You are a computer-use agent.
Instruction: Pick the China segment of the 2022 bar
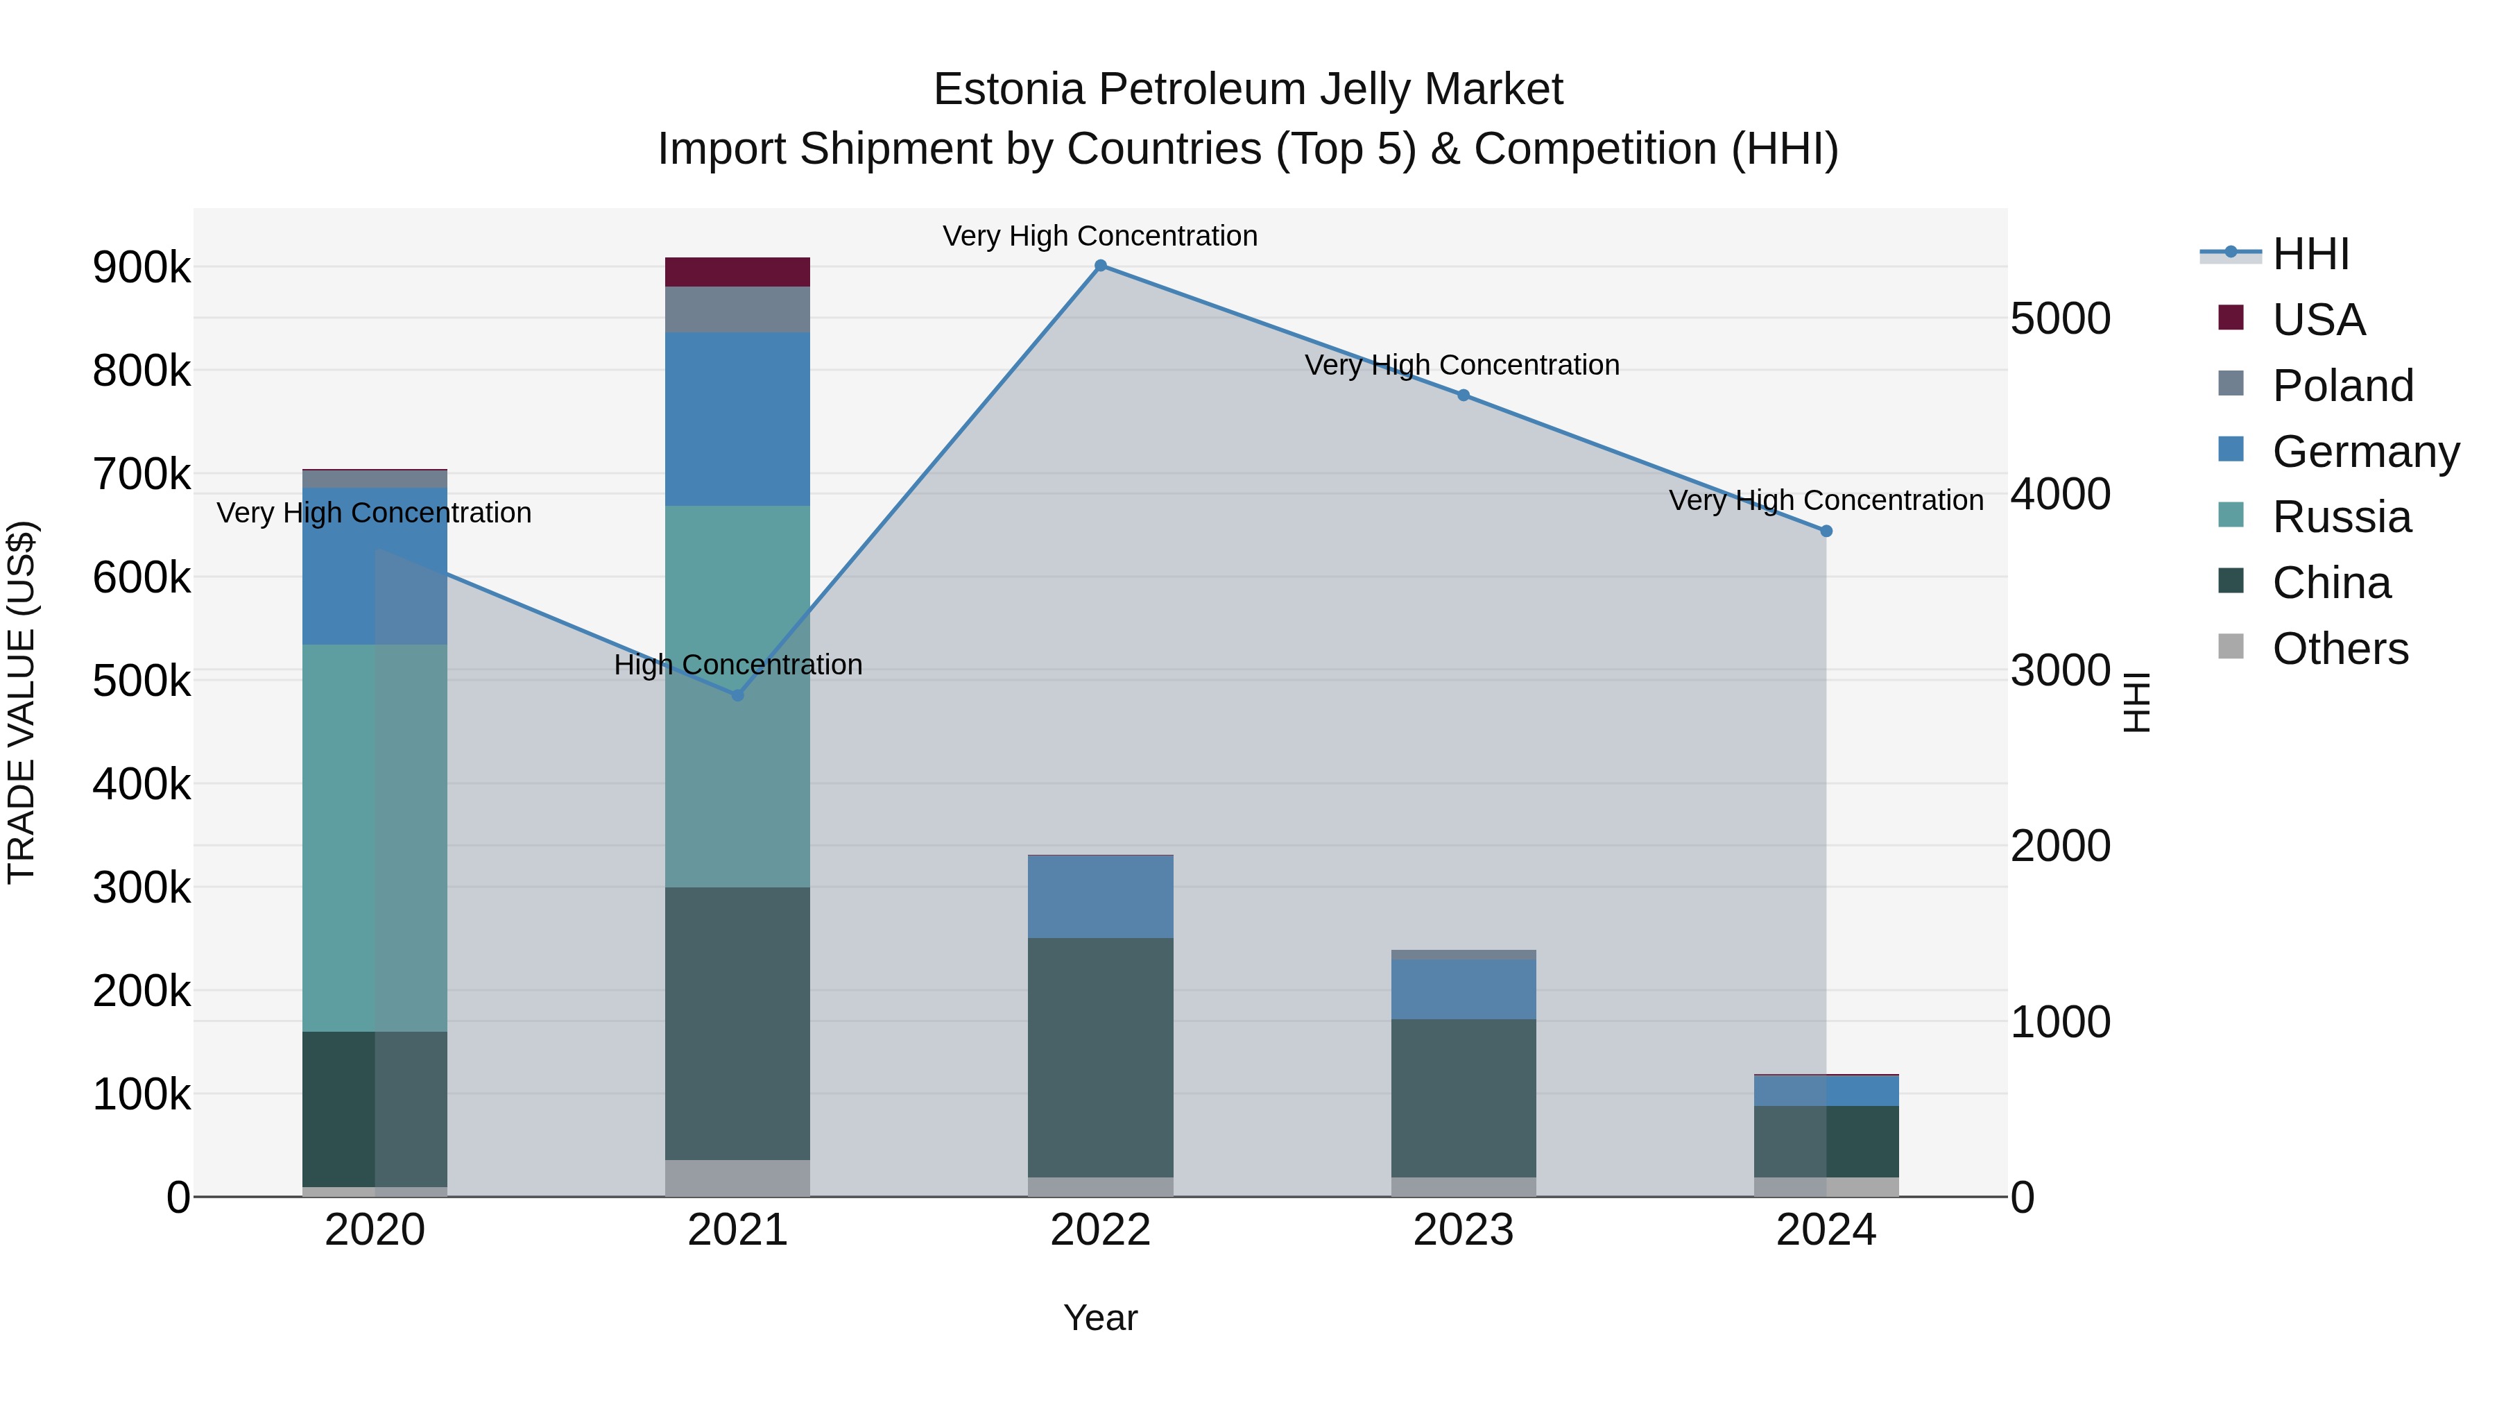click(1100, 1057)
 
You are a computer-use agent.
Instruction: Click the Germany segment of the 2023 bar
click(1463, 989)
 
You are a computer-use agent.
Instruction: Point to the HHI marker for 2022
click(1100, 266)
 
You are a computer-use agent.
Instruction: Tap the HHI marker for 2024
click(1826, 531)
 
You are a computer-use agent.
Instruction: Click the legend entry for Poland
click(2341, 386)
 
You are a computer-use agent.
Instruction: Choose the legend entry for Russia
click(2341, 517)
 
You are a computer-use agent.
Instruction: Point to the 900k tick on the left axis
click(141, 268)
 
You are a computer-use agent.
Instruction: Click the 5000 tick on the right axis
click(2060, 319)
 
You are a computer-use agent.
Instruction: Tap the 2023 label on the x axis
click(1463, 1230)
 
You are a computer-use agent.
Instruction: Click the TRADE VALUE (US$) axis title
click(22, 702)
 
